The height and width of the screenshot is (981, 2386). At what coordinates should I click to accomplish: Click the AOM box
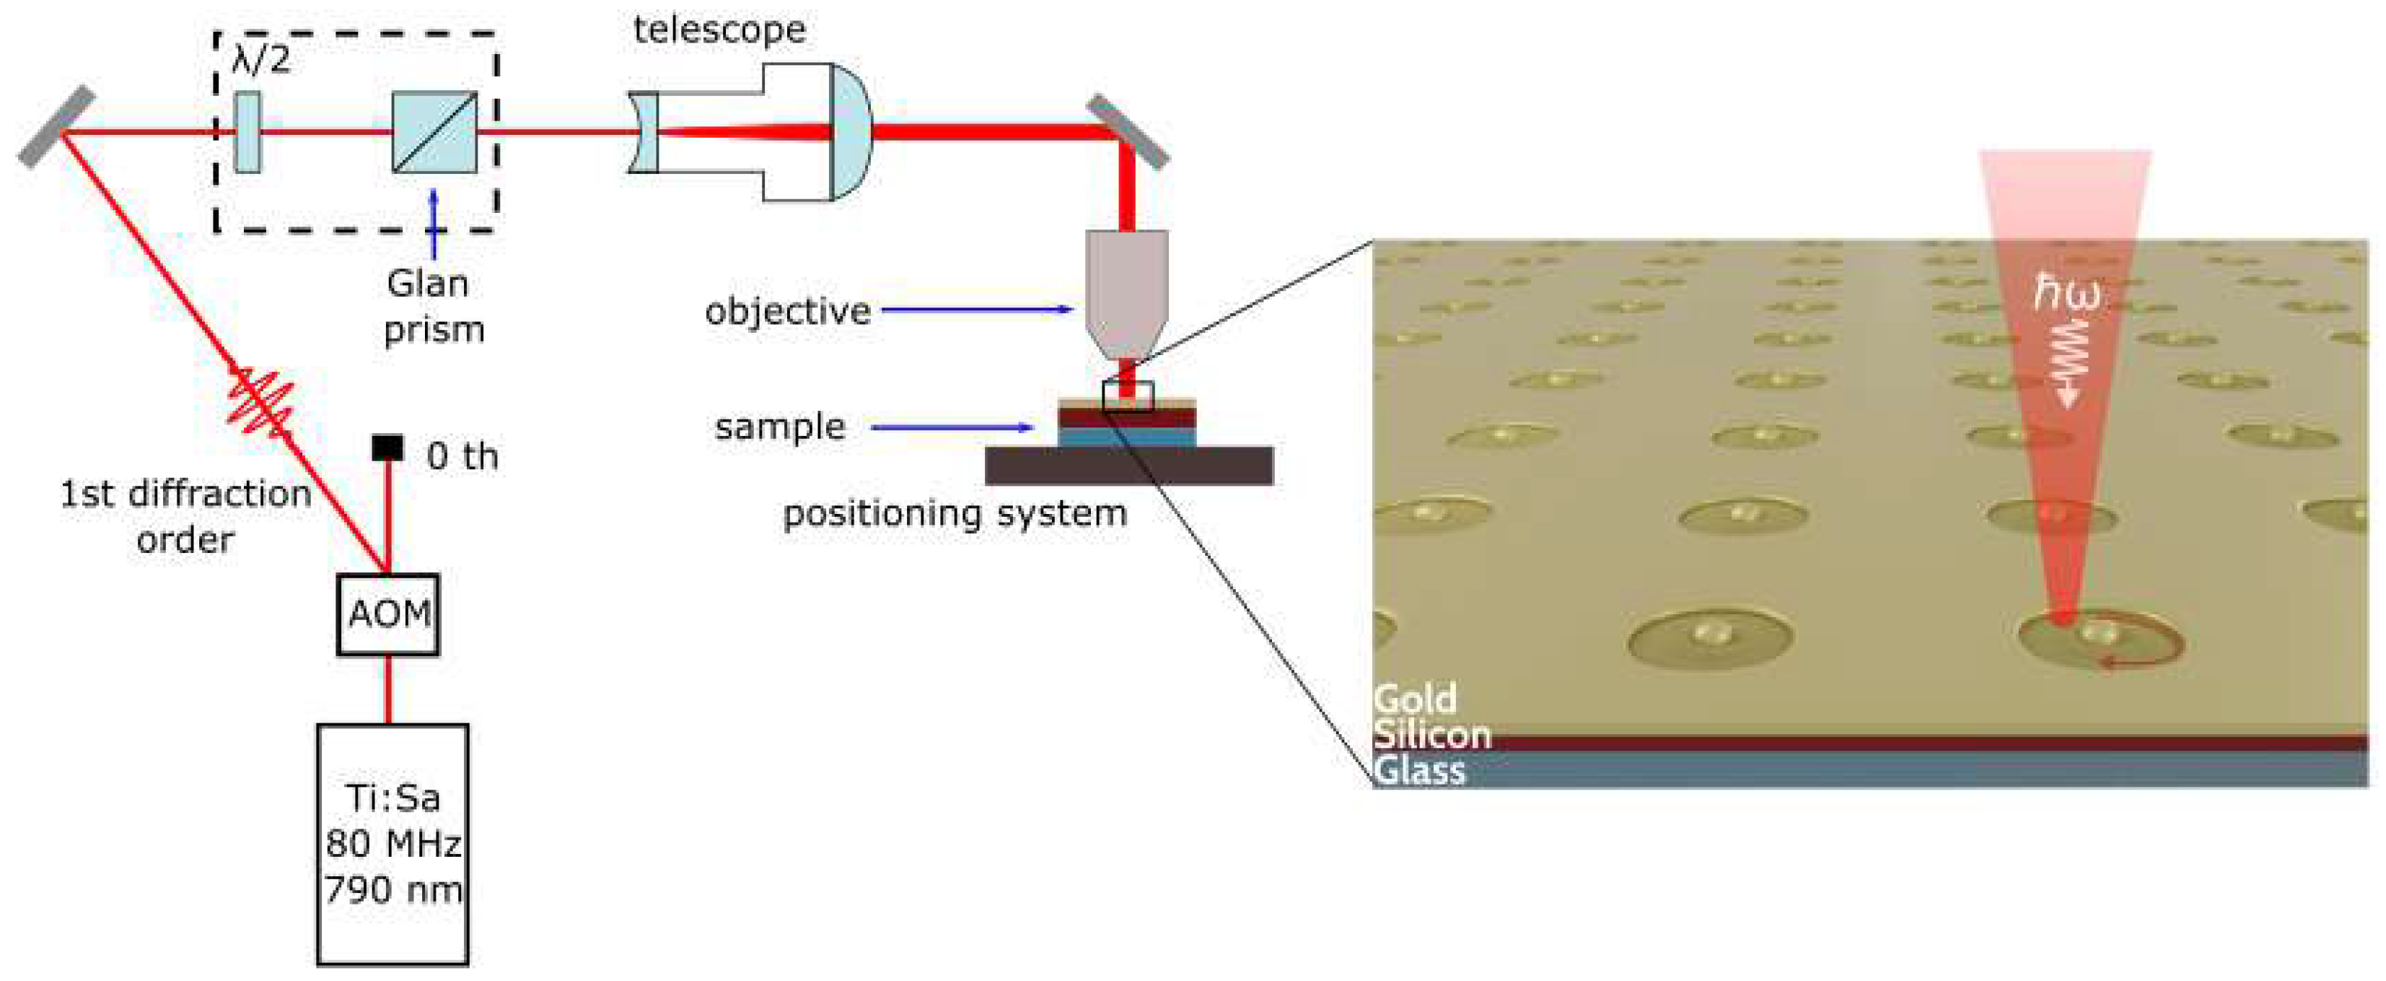tap(387, 614)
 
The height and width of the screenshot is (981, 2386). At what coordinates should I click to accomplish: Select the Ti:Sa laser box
tap(392, 844)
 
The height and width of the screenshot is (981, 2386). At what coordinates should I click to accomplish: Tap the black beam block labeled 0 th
tap(387, 448)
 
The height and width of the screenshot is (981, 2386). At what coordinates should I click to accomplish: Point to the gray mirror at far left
tap(58, 127)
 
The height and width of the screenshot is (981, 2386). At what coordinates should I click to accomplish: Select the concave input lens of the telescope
tap(644, 131)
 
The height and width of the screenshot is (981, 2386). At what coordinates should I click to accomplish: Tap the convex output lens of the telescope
tap(851, 131)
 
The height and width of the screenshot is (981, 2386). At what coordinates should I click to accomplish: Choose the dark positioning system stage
tap(1128, 465)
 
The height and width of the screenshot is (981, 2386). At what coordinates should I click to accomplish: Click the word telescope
tap(719, 30)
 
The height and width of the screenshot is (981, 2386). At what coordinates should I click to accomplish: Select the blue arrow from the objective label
tap(976, 310)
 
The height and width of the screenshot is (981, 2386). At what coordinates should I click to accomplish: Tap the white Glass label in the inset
tap(1419, 771)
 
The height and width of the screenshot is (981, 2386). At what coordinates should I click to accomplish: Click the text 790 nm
tap(392, 889)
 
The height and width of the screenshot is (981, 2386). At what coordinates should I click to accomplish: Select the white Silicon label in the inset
tap(1432, 735)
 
